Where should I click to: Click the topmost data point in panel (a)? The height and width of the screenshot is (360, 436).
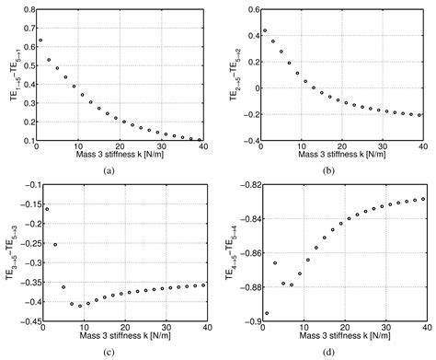40,41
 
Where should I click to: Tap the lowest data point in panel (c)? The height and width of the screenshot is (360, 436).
80,305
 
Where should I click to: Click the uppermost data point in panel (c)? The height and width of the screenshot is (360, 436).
40,209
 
